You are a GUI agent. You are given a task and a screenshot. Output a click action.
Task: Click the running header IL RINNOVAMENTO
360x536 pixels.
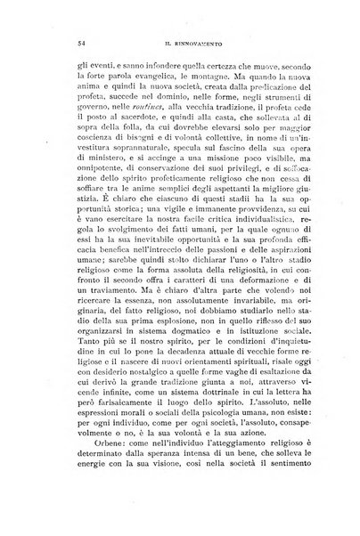click(x=184, y=44)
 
